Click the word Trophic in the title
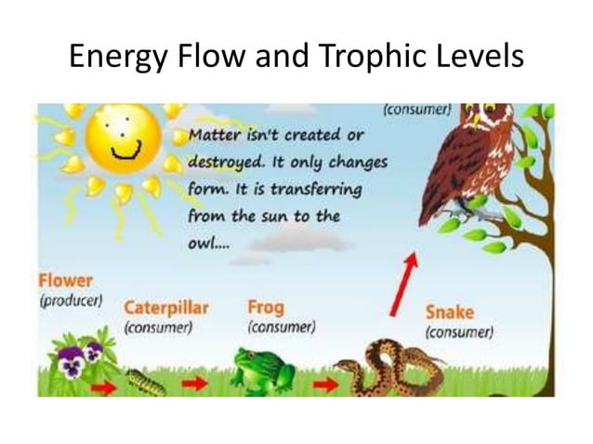coord(362,58)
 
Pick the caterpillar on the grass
coord(148,381)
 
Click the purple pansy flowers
coord(83,358)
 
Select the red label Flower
coord(65,279)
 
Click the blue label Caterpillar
coord(166,307)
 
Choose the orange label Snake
coord(449,311)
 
